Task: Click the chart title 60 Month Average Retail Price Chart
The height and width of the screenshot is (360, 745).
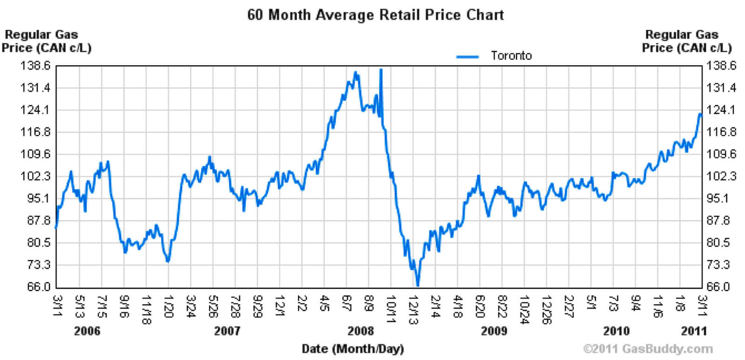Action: click(x=375, y=14)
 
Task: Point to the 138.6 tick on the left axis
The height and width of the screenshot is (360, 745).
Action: click(x=35, y=66)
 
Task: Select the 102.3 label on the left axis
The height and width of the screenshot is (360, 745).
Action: click(x=35, y=176)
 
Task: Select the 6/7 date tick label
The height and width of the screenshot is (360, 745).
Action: click(x=346, y=305)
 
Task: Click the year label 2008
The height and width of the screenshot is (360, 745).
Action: click(x=360, y=331)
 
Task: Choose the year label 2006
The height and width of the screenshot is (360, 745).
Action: click(x=87, y=331)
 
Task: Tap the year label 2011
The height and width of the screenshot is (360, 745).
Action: click(x=694, y=331)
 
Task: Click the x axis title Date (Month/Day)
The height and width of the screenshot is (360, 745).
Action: click(x=352, y=348)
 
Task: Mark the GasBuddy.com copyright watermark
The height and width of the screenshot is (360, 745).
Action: click(x=647, y=349)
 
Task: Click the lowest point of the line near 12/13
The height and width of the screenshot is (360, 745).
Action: click(x=417, y=285)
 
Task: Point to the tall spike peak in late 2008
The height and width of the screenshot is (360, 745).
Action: click(x=381, y=69)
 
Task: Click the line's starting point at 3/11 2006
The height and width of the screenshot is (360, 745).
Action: click(x=56, y=227)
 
